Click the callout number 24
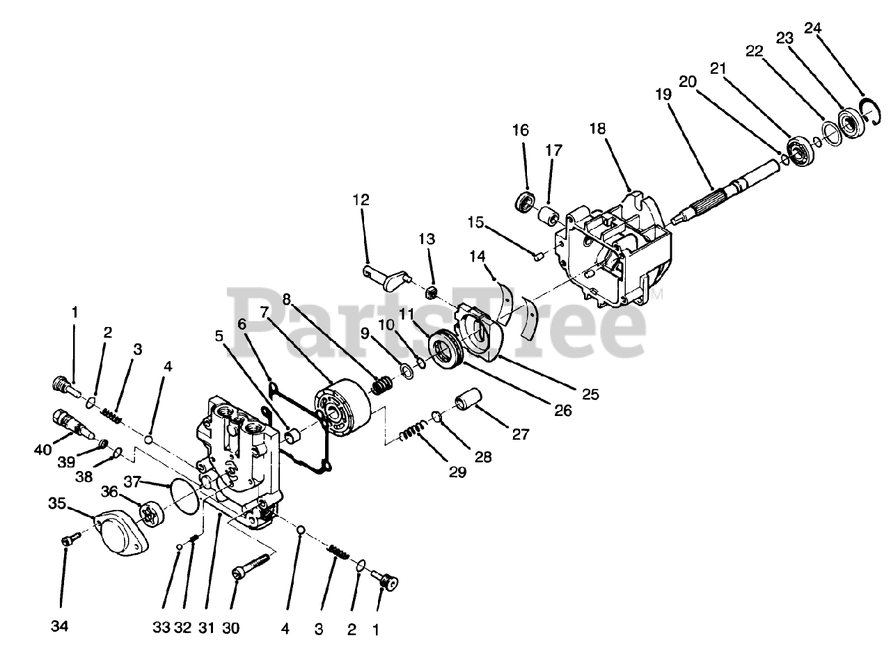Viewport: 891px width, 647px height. pos(812,28)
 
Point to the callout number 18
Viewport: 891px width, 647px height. pos(597,129)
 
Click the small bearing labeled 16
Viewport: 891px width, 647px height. pos(523,202)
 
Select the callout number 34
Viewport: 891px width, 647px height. pos(60,627)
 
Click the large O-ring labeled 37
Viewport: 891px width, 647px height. pos(182,495)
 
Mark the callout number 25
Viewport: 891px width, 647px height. pos(590,395)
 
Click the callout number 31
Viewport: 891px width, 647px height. pos(206,627)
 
